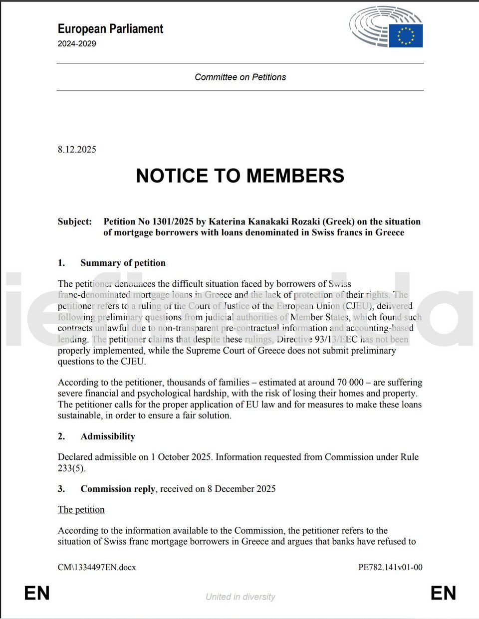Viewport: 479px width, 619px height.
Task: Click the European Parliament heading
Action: click(110, 29)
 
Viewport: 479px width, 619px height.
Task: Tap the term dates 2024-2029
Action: click(77, 44)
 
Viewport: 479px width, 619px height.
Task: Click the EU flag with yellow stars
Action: click(406, 36)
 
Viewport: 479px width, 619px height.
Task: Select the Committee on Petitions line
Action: click(240, 77)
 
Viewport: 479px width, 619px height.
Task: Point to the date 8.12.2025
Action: click(77, 150)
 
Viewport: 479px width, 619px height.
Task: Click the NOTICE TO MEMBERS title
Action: click(240, 176)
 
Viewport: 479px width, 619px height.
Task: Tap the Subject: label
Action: click(75, 221)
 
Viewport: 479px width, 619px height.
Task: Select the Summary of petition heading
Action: click(123, 263)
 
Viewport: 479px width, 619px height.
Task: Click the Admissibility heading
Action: click(108, 436)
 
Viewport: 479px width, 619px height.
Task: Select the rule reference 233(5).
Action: click(71, 468)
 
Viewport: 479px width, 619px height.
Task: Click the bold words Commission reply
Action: click(118, 489)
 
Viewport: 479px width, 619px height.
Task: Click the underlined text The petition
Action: click(81, 510)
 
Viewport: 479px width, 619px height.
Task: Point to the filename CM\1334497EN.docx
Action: click(97, 567)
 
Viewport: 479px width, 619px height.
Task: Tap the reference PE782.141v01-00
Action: click(390, 567)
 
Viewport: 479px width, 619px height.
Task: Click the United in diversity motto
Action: click(240, 597)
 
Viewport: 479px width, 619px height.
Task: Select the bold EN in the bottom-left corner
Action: click(37, 594)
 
